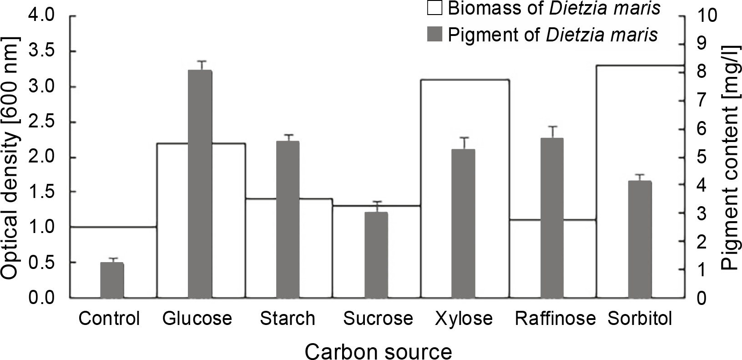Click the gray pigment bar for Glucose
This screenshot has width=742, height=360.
click(200, 184)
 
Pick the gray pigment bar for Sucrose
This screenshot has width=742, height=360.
click(376, 255)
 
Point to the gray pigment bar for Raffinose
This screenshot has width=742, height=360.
click(552, 218)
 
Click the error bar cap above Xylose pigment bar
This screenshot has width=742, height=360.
click(464, 137)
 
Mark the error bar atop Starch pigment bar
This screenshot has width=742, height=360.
click(288, 135)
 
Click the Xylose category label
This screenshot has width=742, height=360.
click(464, 319)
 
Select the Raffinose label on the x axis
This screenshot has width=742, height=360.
click(555, 319)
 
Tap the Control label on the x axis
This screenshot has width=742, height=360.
click(109, 319)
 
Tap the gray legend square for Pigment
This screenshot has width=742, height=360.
click(435, 34)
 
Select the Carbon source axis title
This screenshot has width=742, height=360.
click(378, 351)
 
